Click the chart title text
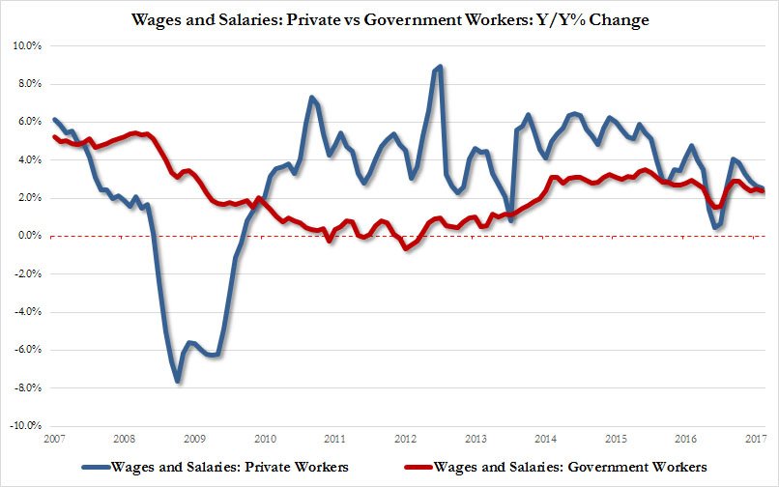tap(389, 20)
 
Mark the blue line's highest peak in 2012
tap(441, 67)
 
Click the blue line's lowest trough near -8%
tap(178, 382)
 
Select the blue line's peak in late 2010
tap(311, 97)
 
